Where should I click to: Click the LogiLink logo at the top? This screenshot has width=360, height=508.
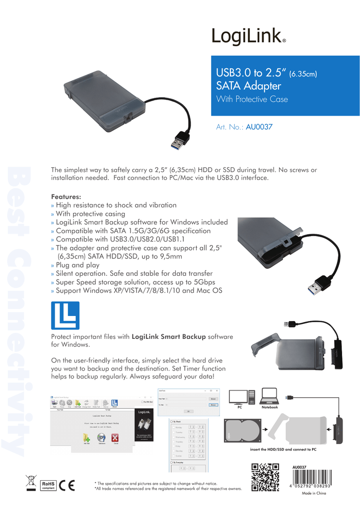tap(248, 36)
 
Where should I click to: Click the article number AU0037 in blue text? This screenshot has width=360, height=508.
tap(259, 127)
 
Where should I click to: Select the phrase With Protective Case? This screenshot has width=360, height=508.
tap(252, 99)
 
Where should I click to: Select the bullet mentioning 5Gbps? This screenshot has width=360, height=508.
tap(133, 282)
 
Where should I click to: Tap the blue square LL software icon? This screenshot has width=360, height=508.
tap(65, 316)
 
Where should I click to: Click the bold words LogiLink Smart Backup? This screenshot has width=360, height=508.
tap(168, 336)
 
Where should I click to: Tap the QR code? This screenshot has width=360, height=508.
tap(266, 477)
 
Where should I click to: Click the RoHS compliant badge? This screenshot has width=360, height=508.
tap(48, 485)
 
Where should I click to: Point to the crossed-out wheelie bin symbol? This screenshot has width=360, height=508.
tap(31, 483)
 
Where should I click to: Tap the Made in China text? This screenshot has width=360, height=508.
tap(314, 494)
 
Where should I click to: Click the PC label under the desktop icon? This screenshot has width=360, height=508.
tap(239, 407)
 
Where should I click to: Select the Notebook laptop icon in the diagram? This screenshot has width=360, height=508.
tap(269, 396)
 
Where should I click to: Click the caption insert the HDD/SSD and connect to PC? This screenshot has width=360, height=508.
tap(283, 449)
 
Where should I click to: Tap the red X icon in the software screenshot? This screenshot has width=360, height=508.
tap(115, 437)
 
